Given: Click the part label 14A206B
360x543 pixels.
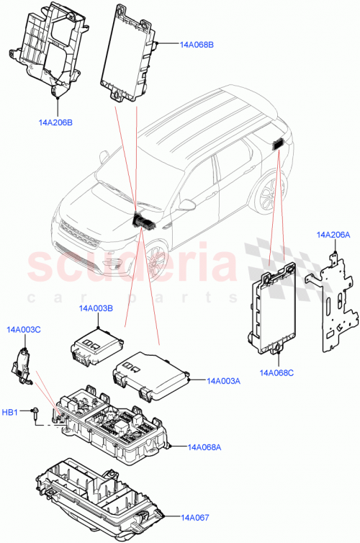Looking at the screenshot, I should [55, 122].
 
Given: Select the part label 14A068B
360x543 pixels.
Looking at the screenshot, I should [197, 44].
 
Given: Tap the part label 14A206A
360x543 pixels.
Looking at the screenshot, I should [333, 235].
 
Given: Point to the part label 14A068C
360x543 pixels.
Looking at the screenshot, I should [276, 372].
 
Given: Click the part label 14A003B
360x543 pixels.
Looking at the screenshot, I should [96, 309].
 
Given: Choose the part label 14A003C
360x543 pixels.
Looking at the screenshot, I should [24, 329].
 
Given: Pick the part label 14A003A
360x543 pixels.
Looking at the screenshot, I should [223, 381].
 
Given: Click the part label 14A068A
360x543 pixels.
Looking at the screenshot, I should [204, 447].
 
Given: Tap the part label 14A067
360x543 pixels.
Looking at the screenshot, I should [194, 517].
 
